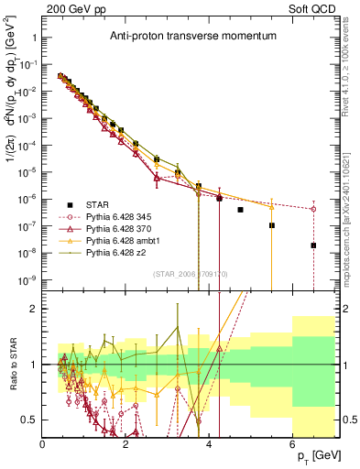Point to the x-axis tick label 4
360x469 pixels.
[x=209, y=444]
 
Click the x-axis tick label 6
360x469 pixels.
[x=292, y=444]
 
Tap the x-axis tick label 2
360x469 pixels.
[x=125, y=444]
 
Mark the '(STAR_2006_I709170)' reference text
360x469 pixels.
[x=188, y=273]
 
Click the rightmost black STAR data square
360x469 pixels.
[x=313, y=245]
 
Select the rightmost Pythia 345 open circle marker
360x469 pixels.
[x=313, y=209]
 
